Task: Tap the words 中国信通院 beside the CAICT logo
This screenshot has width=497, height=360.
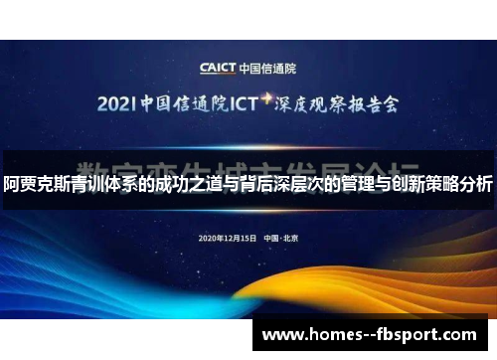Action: [271, 68]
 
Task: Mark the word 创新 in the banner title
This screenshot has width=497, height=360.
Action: [406, 184]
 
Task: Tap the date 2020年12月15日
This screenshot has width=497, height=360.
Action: [228, 239]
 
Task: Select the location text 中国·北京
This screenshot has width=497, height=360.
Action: [281, 239]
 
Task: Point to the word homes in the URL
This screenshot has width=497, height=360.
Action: [338, 335]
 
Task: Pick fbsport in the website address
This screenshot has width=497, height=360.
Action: [416, 335]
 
